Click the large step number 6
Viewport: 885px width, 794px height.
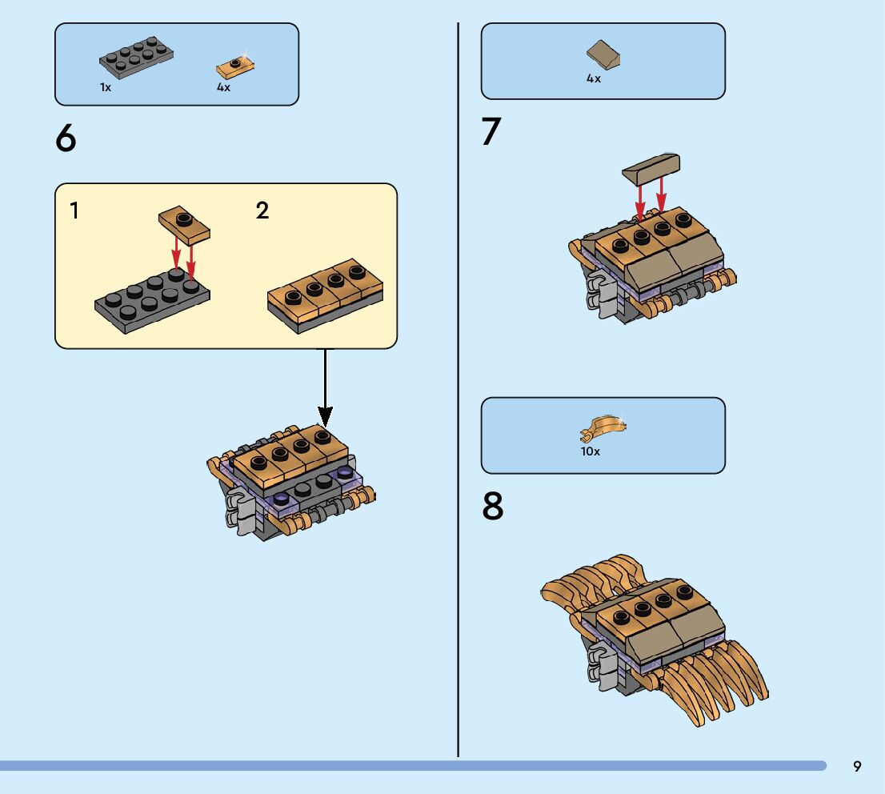point(66,138)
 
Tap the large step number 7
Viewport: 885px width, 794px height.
point(491,131)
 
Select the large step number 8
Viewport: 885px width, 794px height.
point(492,506)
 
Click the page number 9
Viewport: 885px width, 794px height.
point(857,766)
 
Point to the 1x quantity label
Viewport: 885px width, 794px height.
point(106,87)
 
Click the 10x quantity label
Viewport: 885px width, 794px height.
point(590,451)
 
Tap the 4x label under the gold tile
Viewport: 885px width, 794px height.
point(223,87)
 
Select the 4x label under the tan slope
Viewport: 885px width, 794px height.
point(593,78)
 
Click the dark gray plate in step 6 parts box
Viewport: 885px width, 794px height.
point(136,57)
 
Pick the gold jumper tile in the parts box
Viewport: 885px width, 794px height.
point(234,66)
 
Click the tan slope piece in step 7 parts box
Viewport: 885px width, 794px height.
point(603,54)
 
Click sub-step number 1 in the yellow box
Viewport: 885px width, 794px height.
point(74,211)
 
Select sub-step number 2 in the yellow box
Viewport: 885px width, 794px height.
point(262,211)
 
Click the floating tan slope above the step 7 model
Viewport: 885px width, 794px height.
point(651,169)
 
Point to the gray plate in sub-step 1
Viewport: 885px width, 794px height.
point(152,300)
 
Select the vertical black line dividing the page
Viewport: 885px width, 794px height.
point(458,390)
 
